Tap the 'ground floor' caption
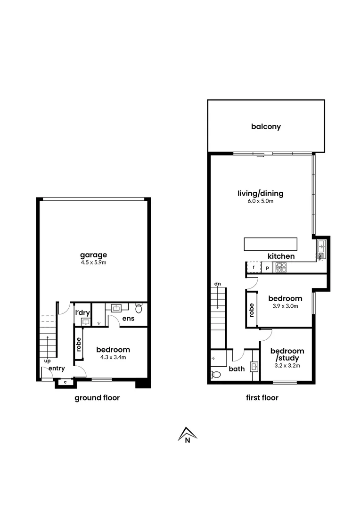click(x=97, y=398)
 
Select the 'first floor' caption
click(x=262, y=398)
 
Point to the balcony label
click(x=266, y=127)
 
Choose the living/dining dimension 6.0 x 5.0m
click(x=261, y=201)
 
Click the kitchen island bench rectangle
click(x=270, y=245)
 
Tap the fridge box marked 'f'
click(x=254, y=267)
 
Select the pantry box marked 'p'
click(x=267, y=267)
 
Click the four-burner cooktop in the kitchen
click(x=281, y=267)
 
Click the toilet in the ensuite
click(x=139, y=309)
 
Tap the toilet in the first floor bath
click(x=216, y=375)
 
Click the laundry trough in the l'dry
click(x=86, y=322)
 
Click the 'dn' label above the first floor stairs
click(x=217, y=284)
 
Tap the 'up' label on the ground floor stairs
click(x=47, y=361)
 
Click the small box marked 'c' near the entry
click(x=65, y=382)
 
